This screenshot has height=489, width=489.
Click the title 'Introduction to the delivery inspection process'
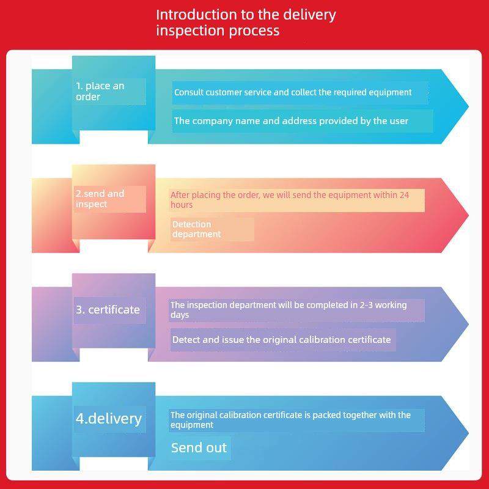[x=246, y=23]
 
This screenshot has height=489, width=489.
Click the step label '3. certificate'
[x=108, y=309]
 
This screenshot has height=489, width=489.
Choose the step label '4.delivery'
[x=109, y=419]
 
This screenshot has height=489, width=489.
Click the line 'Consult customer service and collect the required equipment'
[x=293, y=92]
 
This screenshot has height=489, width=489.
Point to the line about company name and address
[x=291, y=120]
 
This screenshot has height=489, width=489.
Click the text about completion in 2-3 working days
[x=289, y=310]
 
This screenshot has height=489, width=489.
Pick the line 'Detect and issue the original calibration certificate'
[x=282, y=339]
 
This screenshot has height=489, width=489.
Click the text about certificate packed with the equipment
[x=291, y=419]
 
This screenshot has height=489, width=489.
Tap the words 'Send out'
[x=199, y=447]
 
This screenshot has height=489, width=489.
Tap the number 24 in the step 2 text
[x=404, y=195]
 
